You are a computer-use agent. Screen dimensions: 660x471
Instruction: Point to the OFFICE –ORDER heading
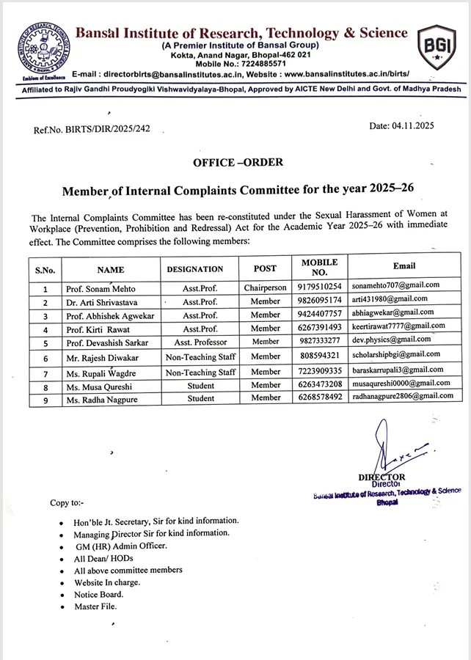[x=238, y=162]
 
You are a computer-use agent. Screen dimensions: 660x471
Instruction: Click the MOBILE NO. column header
[x=319, y=267]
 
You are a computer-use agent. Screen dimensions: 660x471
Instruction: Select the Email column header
[x=404, y=265]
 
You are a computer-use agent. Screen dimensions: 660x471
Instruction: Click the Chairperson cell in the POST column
[x=265, y=287]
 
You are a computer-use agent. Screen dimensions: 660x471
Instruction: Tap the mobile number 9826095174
[x=319, y=301]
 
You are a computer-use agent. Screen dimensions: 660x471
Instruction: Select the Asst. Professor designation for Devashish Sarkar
[x=200, y=342]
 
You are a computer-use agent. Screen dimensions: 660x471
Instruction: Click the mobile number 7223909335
[x=319, y=372]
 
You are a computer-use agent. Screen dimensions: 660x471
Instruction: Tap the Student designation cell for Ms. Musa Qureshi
[x=200, y=385]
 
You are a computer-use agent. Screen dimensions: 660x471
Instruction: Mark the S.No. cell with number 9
[x=45, y=399]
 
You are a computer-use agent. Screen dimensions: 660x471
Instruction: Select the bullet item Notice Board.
[x=98, y=594]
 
